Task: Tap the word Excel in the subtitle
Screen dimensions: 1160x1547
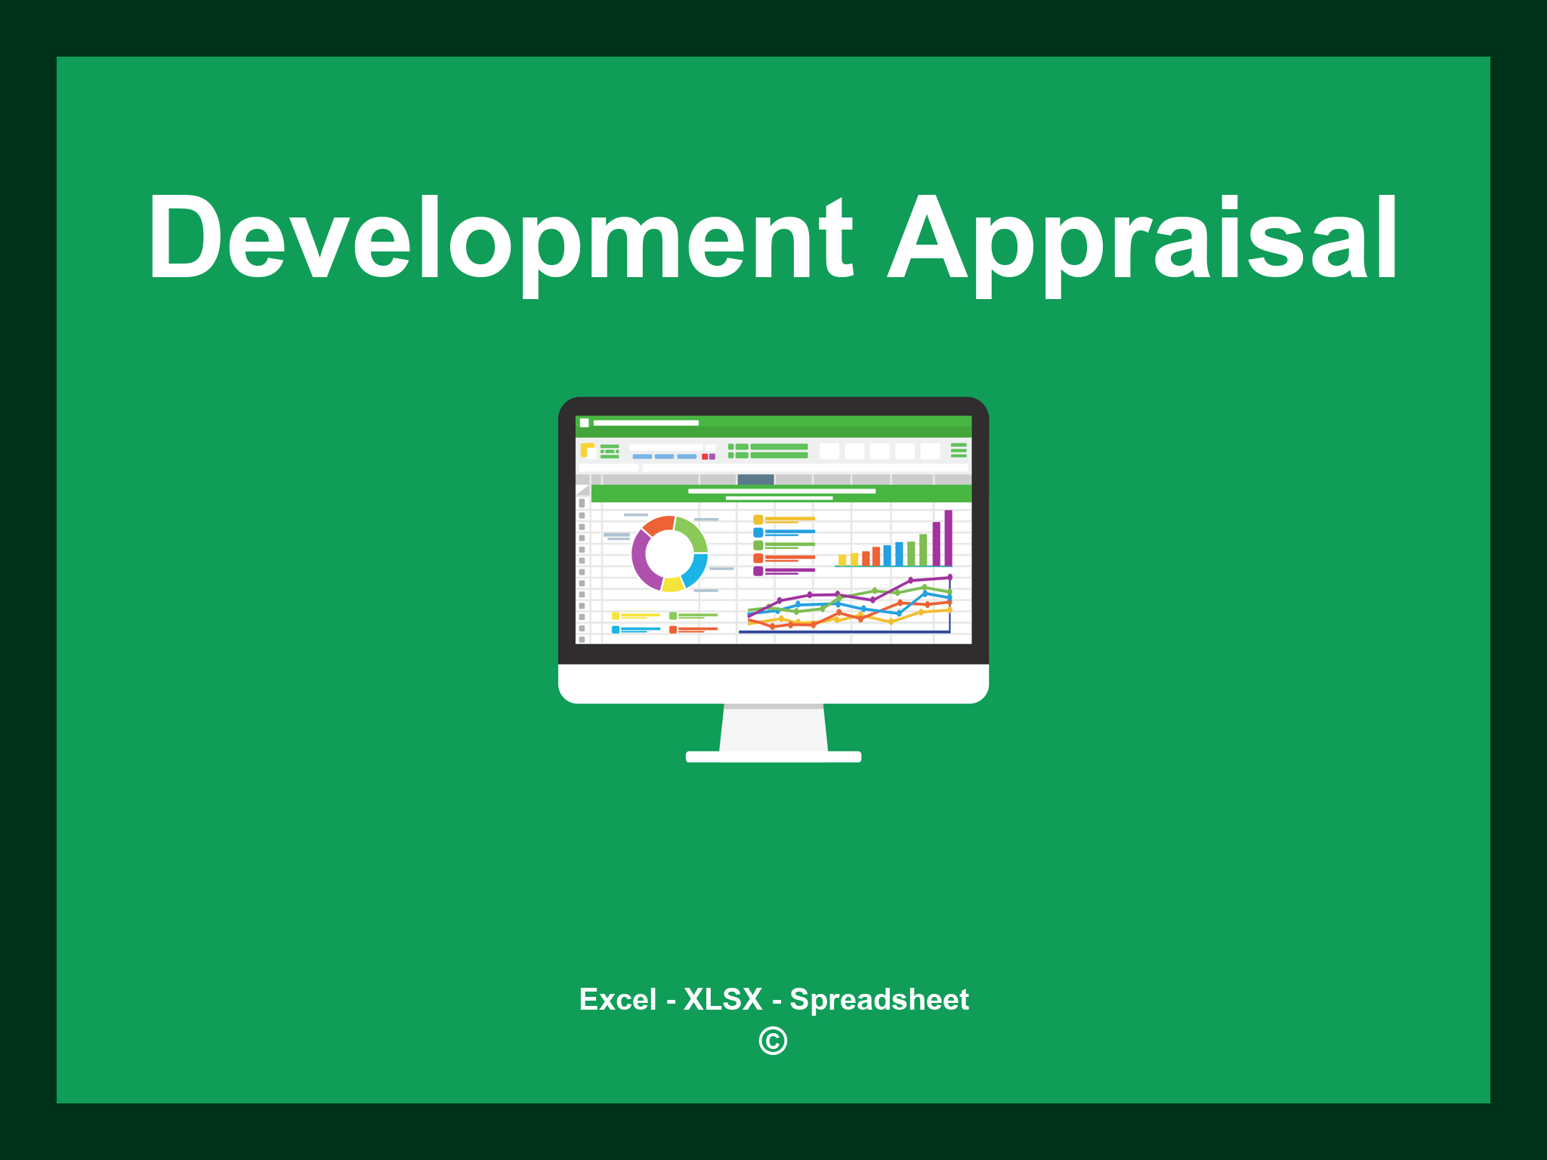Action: (x=617, y=999)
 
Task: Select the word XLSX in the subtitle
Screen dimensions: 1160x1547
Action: (x=723, y=999)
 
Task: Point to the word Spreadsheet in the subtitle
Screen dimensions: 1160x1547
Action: (x=878, y=999)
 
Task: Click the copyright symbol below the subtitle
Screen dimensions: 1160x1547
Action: (x=773, y=1041)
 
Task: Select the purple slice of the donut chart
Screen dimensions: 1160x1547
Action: (x=643, y=560)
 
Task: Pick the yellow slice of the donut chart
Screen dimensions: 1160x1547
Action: (x=672, y=584)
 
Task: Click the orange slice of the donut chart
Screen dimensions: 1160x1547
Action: (x=658, y=526)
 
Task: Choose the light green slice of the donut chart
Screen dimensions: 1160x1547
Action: (x=693, y=532)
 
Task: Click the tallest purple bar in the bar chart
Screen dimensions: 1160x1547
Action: (x=948, y=538)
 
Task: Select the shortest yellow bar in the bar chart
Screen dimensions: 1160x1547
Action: (x=842, y=560)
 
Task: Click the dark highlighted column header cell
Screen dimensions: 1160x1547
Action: (x=755, y=480)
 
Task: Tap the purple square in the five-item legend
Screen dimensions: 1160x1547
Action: (x=758, y=571)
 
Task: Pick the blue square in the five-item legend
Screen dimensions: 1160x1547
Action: (x=758, y=532)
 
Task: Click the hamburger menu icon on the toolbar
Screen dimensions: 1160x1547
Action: (x=959, y=451)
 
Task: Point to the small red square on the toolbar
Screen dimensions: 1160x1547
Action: (x=705, y=457)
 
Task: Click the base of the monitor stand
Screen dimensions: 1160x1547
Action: (x=773, y=757)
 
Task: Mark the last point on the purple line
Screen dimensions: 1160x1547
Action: (x=950, y=578)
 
